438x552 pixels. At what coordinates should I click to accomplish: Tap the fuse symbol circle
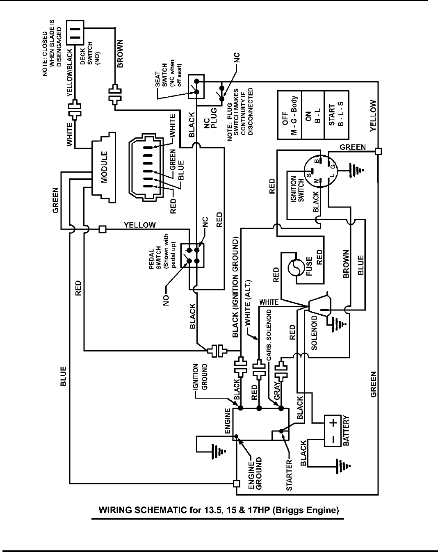295,268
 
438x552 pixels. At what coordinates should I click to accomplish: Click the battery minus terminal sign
333,440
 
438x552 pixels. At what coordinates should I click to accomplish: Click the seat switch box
196,87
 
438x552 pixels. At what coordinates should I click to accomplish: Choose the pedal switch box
192,255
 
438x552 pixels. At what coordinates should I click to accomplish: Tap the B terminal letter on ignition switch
317,161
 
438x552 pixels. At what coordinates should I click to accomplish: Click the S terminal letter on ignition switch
309,176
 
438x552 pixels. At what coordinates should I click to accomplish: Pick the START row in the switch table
336,115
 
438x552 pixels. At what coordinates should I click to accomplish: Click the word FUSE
309,266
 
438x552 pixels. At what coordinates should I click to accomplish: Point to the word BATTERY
346,431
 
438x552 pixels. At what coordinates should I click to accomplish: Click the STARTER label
289,475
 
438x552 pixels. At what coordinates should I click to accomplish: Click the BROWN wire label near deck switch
120,54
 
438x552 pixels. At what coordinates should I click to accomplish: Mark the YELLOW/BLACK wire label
70,73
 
